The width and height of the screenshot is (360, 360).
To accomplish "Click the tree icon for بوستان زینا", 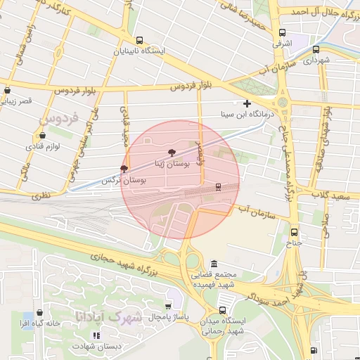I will tap(172, 152).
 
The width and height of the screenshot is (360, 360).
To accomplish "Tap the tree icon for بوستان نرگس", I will tap(124, 169).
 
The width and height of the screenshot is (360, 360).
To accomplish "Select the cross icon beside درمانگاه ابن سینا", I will tap(247, 103).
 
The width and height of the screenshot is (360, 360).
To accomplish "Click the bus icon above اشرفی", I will tap(282, 32).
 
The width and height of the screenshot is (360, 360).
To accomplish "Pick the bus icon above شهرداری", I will tap(316, 50).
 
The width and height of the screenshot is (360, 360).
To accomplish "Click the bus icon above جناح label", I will tap(294, 233).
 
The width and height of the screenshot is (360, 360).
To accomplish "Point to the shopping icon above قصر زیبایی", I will tap(8, 90).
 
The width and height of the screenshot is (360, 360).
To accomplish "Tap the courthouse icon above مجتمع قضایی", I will tap(214, 263).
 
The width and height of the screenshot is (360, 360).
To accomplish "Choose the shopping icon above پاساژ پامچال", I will tap(168, 307).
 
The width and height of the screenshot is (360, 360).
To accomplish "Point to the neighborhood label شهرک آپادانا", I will tap(118, 317).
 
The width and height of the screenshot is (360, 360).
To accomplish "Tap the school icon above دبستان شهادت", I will tap(96, 335).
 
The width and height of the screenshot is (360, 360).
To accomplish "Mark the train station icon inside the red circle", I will tap(218, 186).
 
